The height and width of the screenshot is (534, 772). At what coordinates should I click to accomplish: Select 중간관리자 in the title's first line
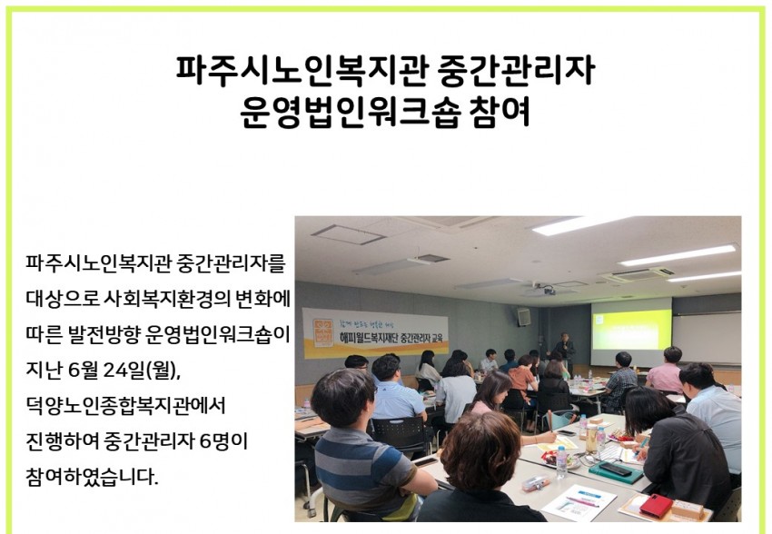click(516, 70)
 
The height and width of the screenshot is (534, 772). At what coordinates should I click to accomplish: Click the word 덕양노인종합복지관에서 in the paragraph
click(126, 406)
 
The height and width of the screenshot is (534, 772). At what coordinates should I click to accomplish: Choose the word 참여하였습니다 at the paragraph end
click(92, 477)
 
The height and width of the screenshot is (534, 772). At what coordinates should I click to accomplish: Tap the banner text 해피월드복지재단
click(369, 337)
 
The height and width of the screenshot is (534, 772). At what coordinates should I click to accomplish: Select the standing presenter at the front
click(564, 351)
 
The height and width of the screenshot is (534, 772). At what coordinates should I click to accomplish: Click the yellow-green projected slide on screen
click(632, 330)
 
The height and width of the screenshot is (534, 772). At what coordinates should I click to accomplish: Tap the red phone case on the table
click(656, 506)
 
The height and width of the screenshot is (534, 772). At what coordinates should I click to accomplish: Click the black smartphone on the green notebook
click(614, 469)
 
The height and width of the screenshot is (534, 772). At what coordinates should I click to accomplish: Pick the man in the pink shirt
click(664, 371)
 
